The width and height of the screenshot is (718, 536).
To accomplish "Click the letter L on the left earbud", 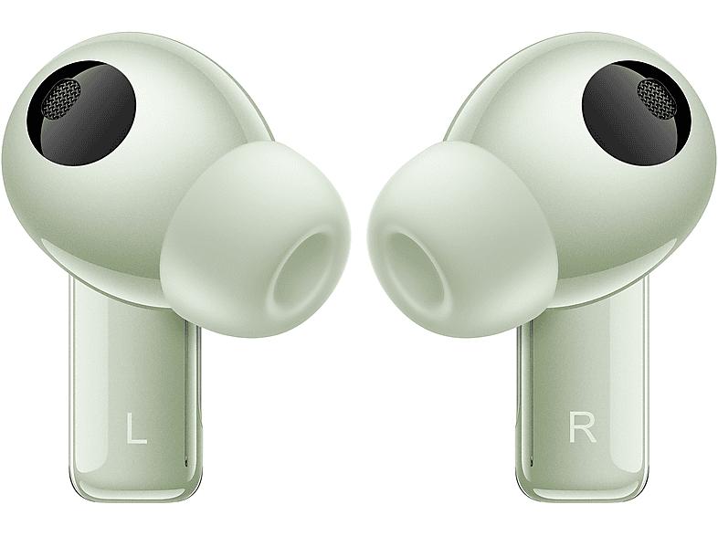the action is tap(136, 428).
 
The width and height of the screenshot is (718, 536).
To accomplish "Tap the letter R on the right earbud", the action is tap(582, 426).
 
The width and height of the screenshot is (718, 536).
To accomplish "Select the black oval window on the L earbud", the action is tap(81, 112).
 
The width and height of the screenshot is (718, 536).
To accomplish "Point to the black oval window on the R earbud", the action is tap(636, 112).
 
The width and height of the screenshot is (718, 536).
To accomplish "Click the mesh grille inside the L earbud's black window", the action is tap(61, 98).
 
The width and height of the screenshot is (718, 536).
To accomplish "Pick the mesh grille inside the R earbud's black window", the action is tap(656, 99).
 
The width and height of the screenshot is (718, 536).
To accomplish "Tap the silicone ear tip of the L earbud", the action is tap(256, 239).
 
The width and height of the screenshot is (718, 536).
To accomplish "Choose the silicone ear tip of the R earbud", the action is tap(462, 239).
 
